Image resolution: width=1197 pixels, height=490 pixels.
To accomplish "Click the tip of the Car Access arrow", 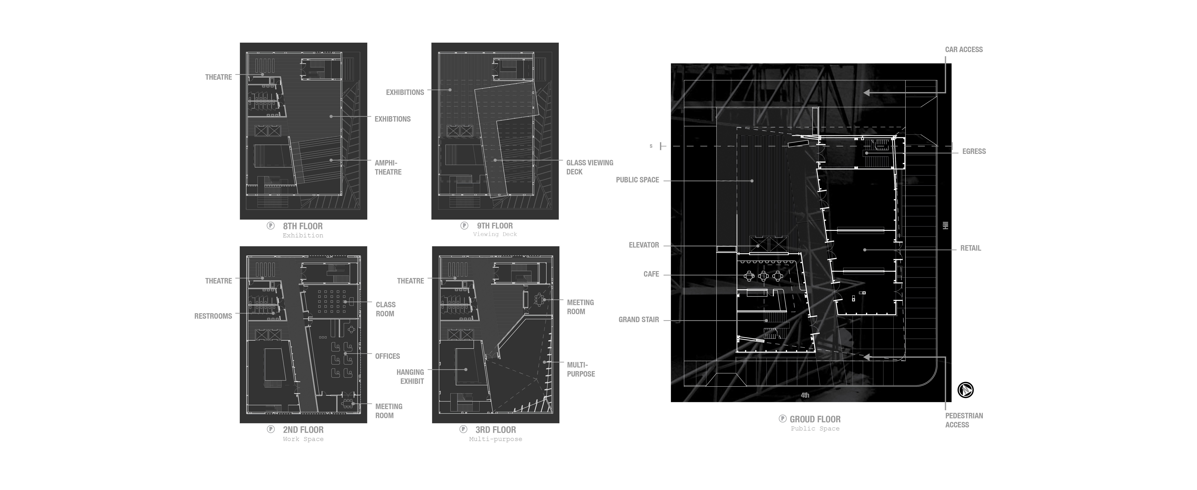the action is (864, 93).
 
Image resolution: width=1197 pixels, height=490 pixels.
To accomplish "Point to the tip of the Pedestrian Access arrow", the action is (864, 357).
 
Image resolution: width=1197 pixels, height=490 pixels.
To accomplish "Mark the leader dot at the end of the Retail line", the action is (865, 250).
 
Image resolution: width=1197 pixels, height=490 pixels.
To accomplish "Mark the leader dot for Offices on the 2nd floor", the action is (345, 354).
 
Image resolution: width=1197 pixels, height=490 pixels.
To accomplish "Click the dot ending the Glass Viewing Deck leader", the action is (495, 160).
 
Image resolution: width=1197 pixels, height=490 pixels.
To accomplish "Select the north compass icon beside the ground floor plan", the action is (966, 390).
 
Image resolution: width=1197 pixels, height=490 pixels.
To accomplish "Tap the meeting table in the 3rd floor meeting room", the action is (539, 299).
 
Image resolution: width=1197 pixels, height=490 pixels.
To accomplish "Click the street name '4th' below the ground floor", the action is (805, 395).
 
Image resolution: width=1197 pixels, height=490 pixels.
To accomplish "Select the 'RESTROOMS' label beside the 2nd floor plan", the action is (213, 316).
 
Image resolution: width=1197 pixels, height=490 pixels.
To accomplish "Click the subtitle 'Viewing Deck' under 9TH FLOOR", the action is (495, 234).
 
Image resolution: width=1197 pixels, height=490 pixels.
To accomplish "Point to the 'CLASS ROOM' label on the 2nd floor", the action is (386, 309).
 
